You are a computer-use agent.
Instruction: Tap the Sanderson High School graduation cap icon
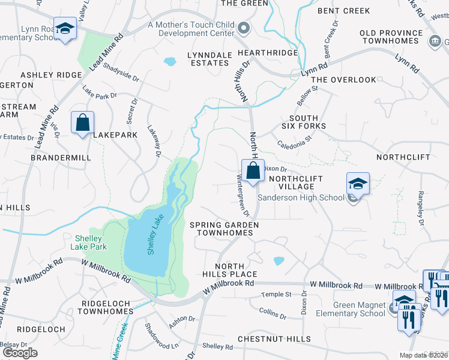pos(358,184)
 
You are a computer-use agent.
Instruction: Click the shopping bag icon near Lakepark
pos(83,122)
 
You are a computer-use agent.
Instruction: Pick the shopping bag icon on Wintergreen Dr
pos(253,170)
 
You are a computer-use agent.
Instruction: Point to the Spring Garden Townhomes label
pos(224,229)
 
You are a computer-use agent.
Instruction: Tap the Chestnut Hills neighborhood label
pos(267,338)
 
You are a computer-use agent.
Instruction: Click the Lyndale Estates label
pos(209,59)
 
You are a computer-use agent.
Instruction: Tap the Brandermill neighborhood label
pos(61,157)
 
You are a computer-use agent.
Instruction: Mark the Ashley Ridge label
pos(51,74)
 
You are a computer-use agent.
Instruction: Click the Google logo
pos(20,353)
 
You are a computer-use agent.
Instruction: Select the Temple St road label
pos(276,295)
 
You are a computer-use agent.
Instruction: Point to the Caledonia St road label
pos(295,143)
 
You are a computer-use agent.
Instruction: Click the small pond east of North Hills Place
pos(279,261)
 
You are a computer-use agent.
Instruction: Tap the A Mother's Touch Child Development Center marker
pos(244,28)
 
